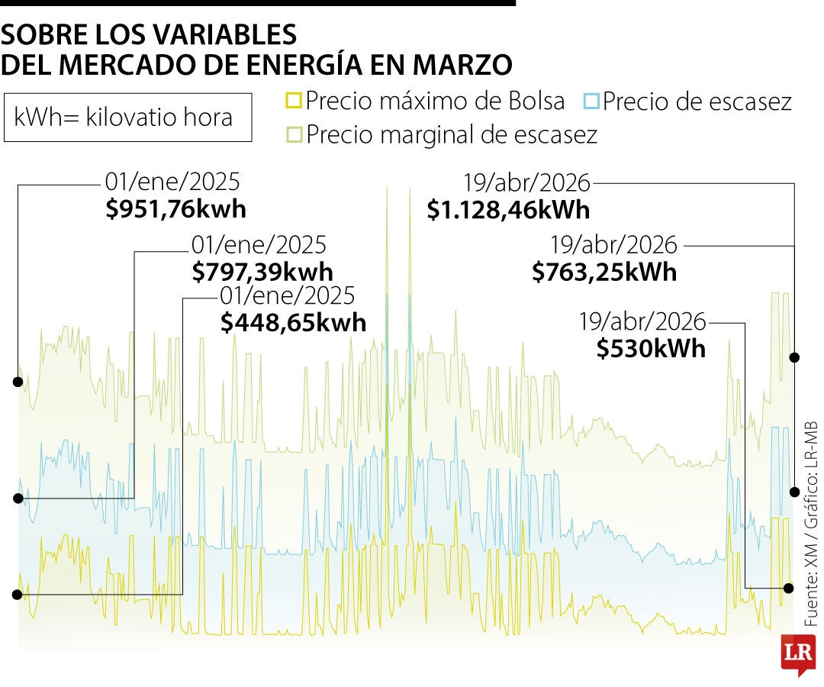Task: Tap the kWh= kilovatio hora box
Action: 127,118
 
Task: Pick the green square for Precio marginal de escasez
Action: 293,135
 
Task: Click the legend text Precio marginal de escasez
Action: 452,135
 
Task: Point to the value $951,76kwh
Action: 176,209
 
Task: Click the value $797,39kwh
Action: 262,272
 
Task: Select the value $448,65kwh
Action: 293,322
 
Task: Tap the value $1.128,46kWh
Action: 508,209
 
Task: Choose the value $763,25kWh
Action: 604,272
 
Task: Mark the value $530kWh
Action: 651,348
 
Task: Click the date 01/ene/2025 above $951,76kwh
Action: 172,183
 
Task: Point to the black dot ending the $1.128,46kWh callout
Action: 795,357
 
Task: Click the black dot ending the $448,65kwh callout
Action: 17,594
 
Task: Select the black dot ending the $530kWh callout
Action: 788,588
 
